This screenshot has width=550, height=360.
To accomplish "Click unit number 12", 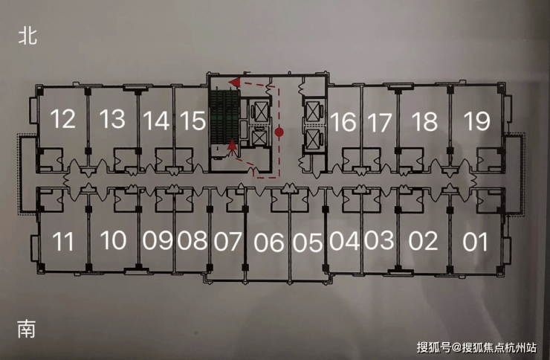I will tap(64, 119).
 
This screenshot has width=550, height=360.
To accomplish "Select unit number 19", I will tap(476, 120).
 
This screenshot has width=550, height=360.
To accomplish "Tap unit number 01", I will tap(476, 242).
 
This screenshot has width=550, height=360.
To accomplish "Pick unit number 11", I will tap(64, 242).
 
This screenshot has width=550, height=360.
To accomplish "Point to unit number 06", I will tap(268, 242).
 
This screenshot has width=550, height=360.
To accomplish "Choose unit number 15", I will tap(192, 120).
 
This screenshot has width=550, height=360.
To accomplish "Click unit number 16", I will tap(343, 121).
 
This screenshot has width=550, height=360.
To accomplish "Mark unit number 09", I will tap(158, 240).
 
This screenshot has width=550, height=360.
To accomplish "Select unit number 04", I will tap(344, 241).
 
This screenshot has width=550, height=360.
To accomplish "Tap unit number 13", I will tap(112, 119).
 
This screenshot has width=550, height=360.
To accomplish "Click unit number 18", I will tap(424, 121).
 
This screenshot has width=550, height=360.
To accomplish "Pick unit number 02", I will tap(424, 241).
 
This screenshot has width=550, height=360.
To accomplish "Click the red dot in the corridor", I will tap(279, 132).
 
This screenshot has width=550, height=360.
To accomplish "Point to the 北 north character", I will tap(27, 37).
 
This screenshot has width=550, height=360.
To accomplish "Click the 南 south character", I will tap(27, 328).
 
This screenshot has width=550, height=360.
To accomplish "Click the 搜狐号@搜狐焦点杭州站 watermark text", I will tap(476, 347).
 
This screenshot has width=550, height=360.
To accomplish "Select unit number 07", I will tap(228, 242).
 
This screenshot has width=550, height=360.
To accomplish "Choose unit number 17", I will tap(379, 121).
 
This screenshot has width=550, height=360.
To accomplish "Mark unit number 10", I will tap(113, 240).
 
